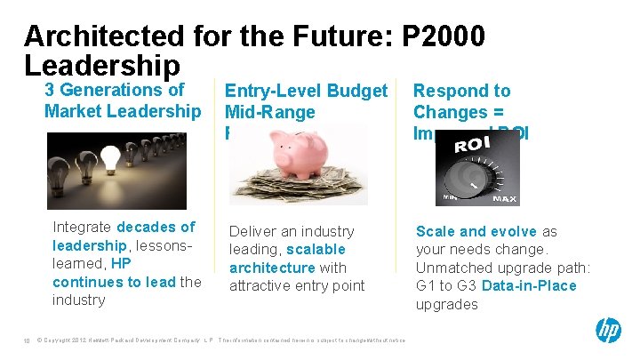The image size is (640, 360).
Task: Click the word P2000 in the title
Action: click(x=444, y=37)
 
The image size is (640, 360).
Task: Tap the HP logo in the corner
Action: click(x=608, y=332)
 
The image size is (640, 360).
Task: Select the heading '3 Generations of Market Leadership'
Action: click(x=123, y=100)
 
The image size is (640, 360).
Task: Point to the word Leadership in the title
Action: click(x=102, y=65)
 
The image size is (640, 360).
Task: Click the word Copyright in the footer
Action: click(x=62, y=340)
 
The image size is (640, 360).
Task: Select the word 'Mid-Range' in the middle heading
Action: click(x=270, y=112)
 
